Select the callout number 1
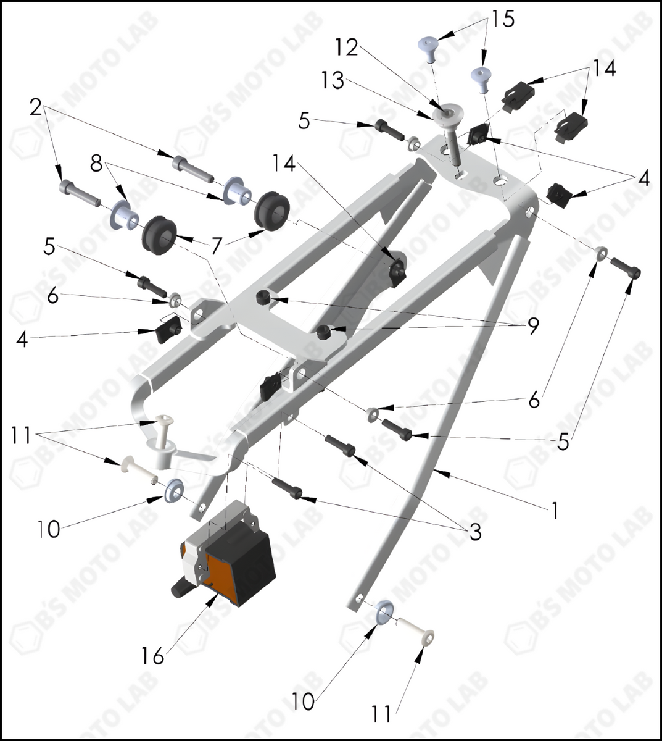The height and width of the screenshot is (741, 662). tap(555, 510)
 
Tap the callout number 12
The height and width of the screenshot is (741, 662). tap(347, 48)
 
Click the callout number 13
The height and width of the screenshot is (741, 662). tap(333, 80)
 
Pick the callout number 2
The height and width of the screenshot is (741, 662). tap(36, 108)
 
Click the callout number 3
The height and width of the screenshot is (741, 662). tap(474, 532)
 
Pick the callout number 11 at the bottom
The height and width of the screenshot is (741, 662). tap(381, 714)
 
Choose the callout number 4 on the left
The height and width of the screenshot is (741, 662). tap(22, 339)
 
